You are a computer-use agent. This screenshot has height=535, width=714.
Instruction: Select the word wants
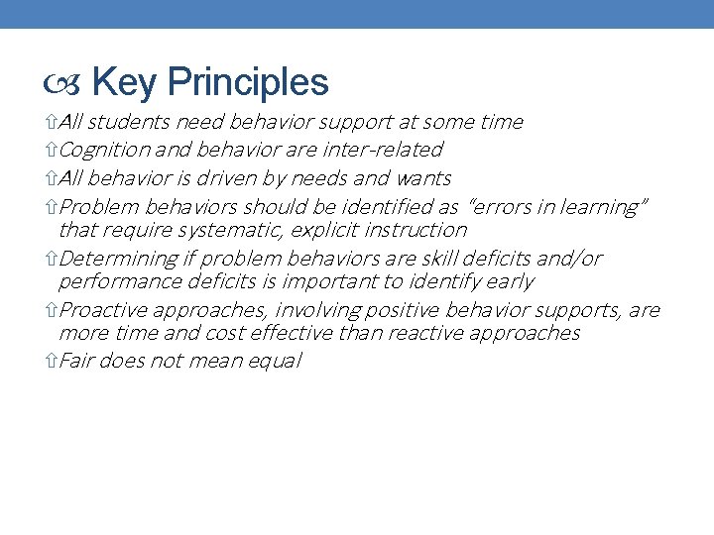click(x=423, y=178)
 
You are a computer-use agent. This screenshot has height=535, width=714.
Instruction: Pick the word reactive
click(x=439, y=333)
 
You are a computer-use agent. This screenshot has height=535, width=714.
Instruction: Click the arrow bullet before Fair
click(x=53, y=362)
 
